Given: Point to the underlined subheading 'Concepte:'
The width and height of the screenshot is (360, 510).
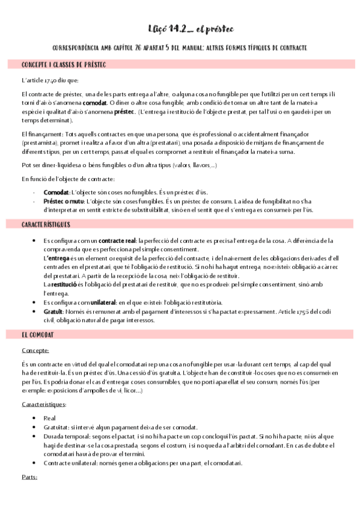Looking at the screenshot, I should point(35,349).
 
